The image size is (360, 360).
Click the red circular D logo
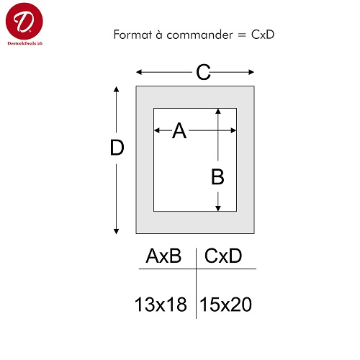(24, 21)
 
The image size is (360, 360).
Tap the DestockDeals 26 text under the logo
(24, 43)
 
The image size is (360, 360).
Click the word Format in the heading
(132, 35)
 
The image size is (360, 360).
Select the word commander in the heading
(199, 35)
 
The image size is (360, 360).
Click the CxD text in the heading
(263, 35)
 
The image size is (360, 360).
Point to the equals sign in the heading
(242, 35)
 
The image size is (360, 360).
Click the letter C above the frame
(203, 72)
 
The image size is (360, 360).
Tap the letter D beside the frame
(117, 148)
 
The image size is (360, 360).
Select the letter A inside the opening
(179, 130)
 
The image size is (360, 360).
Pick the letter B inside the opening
(217, 176)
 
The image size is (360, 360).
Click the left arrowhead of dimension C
(139, 72)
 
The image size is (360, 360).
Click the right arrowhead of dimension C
(251, 72)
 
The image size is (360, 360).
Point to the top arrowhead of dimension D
(117, 89)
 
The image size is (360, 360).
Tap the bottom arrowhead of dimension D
(117, 231)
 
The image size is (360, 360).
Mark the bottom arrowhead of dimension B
(218, 208)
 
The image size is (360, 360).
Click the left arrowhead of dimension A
(157, 130)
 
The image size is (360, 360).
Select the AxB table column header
(163, 256)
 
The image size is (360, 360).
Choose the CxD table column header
(223, 256)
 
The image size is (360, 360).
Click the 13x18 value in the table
(161, 305)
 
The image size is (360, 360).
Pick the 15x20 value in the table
(225, 305)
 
